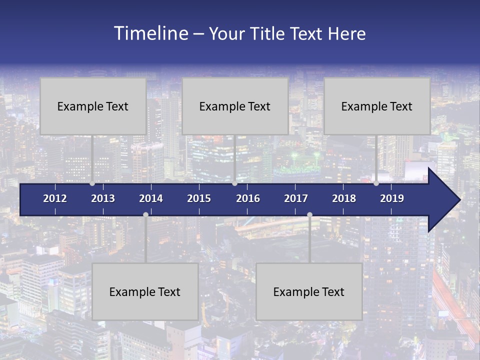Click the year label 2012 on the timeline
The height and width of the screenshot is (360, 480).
click(55, 198)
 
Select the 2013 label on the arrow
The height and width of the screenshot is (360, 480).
click(103, 198)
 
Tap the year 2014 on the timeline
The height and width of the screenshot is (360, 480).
click(151, 198)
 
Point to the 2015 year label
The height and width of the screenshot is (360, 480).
click(199, 198)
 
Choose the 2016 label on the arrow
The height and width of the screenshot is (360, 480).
click(248, 198)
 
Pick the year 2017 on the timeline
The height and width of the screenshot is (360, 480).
click(296, 198)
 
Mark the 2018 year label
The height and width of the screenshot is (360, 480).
click(344, 198)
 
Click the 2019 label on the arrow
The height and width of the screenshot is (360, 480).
click(392, 198)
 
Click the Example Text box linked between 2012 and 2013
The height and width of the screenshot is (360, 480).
click(93, 106)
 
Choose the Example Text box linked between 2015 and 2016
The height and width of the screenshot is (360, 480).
click(235, 106)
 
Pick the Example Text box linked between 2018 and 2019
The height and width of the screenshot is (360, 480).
click(377, 106)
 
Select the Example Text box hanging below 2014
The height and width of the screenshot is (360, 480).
click(145, 291)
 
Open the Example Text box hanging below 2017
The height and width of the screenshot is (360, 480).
click(309, 291)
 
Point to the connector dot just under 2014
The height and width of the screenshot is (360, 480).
click(145, 214)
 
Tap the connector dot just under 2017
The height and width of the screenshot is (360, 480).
click(309, 214)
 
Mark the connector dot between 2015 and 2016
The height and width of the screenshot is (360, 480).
click(234, 183)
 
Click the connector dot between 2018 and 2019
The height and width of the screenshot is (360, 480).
click(376, 183)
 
